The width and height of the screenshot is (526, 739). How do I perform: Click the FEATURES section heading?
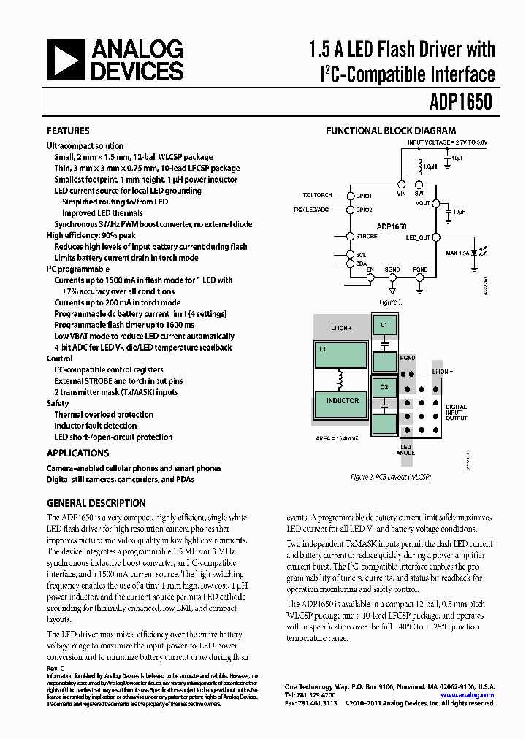click(68, 131)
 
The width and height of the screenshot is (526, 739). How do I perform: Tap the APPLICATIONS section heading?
click(77, 453)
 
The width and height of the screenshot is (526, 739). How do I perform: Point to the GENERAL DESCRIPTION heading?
click(96, 503)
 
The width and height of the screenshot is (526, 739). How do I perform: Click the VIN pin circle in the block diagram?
click(400, 185)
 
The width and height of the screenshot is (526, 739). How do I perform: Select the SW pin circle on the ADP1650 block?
click(419, 185)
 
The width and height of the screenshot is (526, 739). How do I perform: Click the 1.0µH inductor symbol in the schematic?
click(419, 166)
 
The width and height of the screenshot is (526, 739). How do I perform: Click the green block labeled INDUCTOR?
click(343, 402)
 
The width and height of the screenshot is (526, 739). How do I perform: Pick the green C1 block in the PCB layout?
click(383, 323)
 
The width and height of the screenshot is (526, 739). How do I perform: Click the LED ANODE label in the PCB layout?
click(405, 450)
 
